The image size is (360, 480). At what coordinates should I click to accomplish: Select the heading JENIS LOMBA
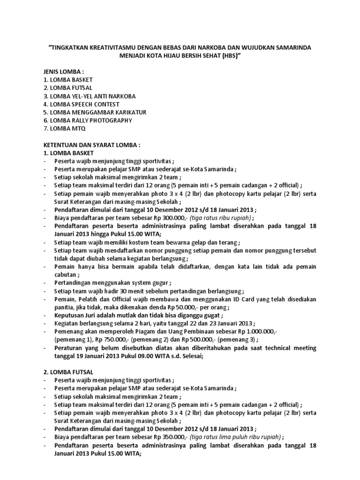click(63, 71)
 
